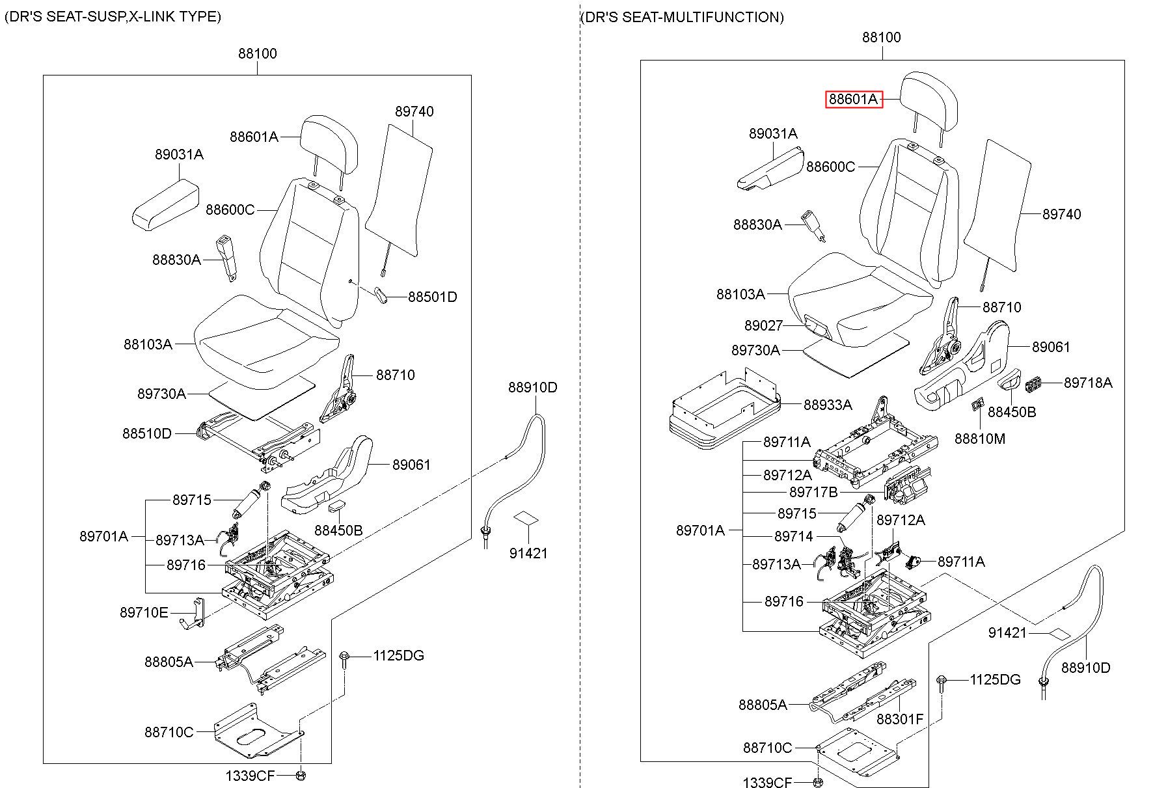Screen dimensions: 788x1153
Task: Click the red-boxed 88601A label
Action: point(854,100)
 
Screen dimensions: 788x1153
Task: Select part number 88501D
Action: point(432,297)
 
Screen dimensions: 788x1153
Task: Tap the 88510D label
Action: point(147,433)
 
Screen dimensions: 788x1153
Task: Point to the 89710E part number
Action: point(144,612)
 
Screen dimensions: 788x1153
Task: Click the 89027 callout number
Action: point(763,325)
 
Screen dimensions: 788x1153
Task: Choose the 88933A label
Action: point(827,405)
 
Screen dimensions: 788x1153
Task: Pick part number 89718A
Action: point(1087,383)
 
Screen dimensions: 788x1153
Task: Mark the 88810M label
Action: point(979,439)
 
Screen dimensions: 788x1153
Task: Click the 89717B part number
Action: point(813,493)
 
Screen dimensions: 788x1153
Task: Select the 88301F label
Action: point(899,719)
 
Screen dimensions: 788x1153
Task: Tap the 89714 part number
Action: point(793,536)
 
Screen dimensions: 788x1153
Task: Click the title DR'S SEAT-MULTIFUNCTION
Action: point(681,18)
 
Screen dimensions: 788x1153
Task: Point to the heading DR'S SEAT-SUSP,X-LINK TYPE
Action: point(113,17)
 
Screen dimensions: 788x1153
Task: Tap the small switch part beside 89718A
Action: point(1033,385)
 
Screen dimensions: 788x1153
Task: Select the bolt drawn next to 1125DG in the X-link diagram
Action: point(344,660)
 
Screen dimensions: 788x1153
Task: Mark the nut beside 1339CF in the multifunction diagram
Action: point(818,782)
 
